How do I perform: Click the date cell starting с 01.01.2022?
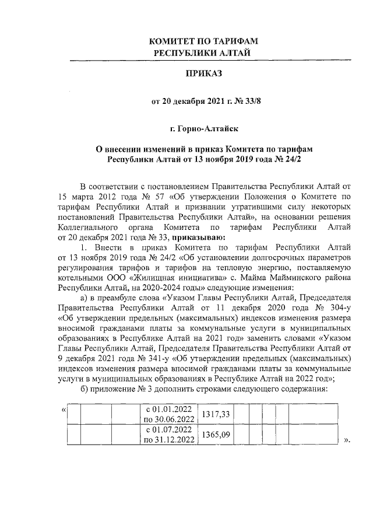click(170, 414)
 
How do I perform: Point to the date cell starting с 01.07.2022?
click(170, 435)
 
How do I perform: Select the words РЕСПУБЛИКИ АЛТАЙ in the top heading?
click(204, 53)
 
